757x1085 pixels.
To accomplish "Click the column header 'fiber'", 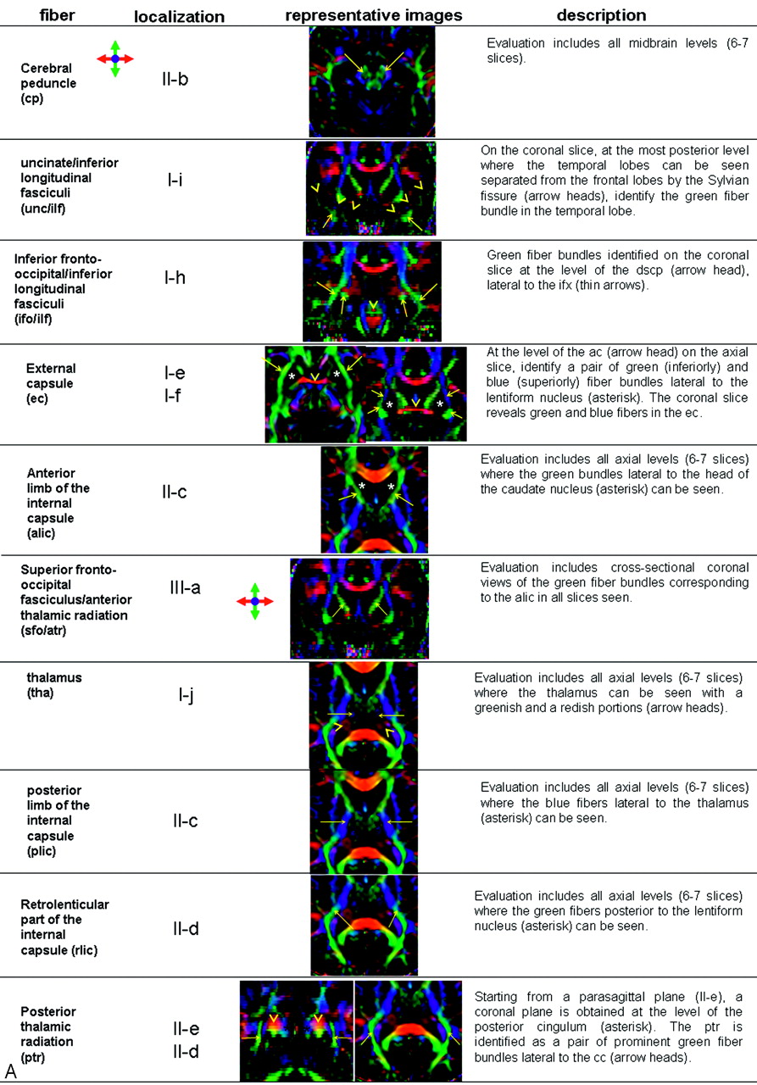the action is pos(57,15).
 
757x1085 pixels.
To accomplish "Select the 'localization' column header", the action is pos(179,16).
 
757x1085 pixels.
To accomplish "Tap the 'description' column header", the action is pos(602,15).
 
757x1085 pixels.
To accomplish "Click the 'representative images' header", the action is pos(374,15).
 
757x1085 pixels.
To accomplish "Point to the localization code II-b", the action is pos(175,79).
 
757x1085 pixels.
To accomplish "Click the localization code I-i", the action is pos(175,180).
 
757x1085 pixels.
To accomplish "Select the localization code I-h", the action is pos(175,277).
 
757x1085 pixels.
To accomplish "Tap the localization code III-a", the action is pos(185,587).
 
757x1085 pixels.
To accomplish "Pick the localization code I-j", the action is pos(186,696).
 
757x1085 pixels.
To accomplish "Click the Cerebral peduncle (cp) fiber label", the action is pos(48,83).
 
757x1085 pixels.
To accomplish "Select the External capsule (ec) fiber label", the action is pos(51,383).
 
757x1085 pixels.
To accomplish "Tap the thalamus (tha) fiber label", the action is pos(53,685).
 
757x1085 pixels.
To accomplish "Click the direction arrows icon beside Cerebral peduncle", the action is pos(114,59).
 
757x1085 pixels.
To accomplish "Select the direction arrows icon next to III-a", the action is pos(255,601).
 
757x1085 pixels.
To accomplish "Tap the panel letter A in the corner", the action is pos(11,1071).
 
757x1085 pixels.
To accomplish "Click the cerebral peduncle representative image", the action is pos(372,81).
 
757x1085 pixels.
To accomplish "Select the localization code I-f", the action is pos(172,396).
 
